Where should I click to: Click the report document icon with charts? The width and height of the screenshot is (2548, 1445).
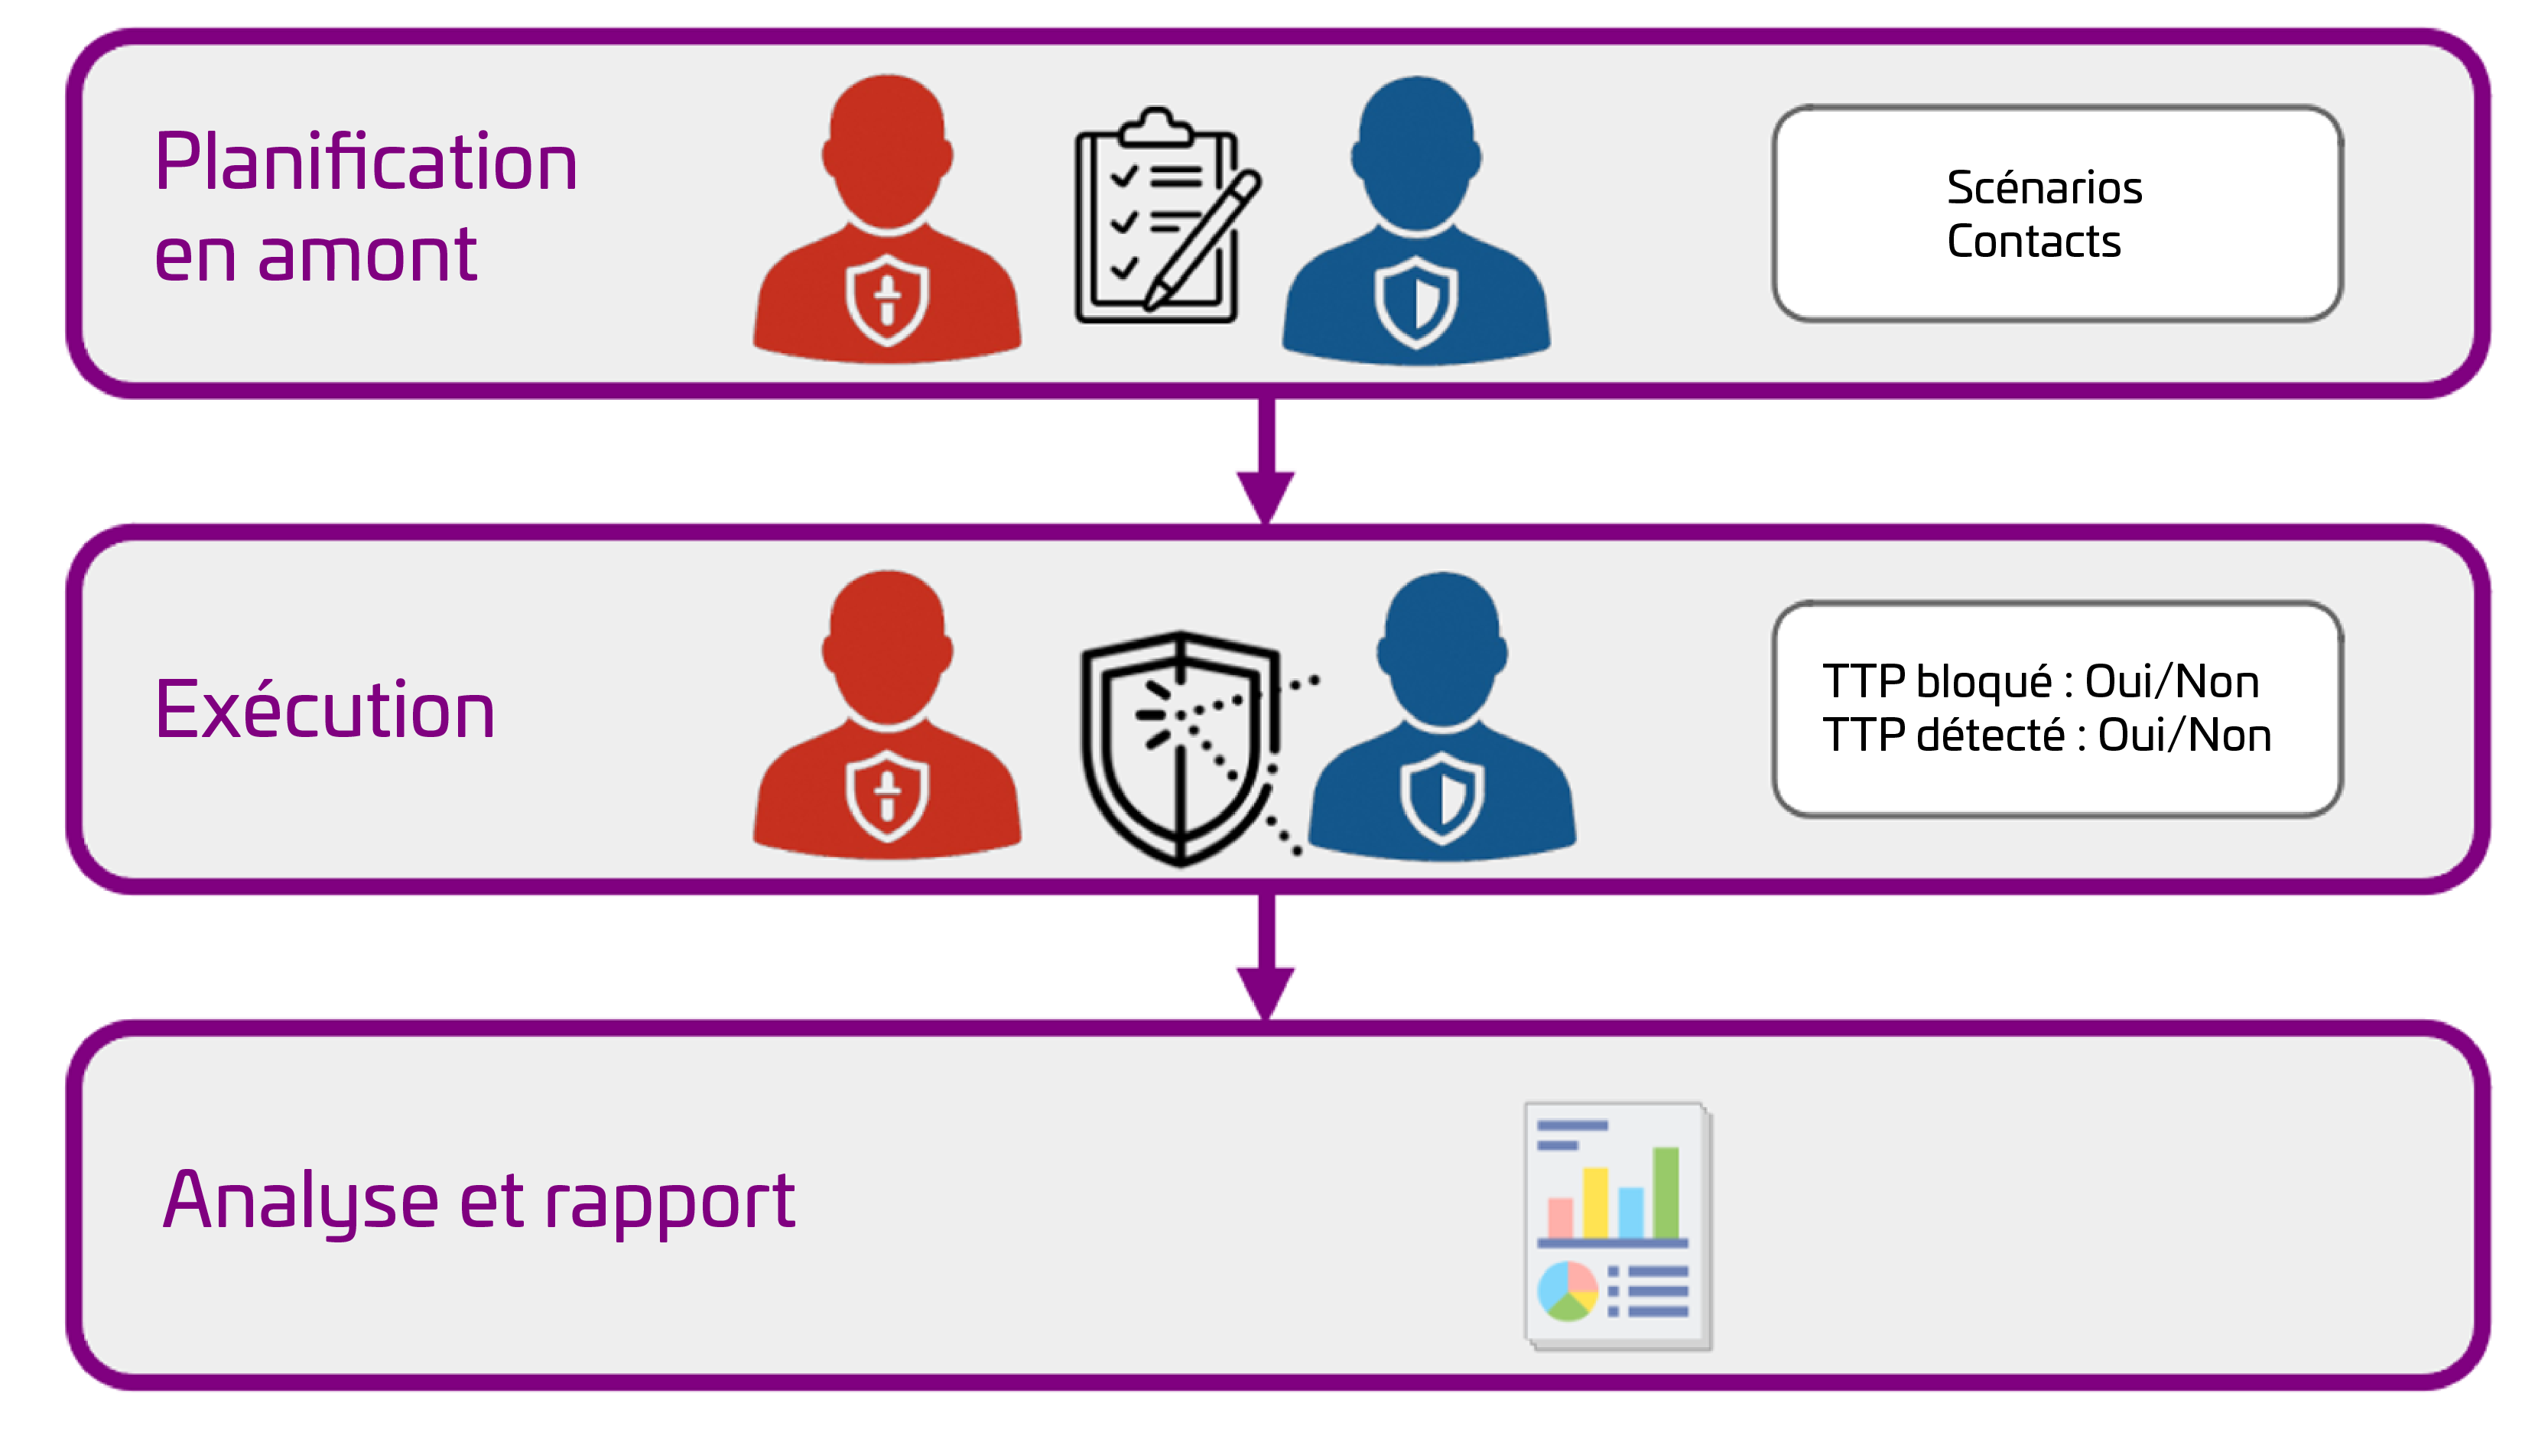[x=1617, y=1226]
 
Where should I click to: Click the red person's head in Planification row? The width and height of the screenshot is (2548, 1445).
[x=886, y=149]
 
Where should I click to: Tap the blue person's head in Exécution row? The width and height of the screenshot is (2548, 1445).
[x=1441, y=645]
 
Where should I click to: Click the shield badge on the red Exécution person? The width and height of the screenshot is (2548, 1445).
[x=886, y=794]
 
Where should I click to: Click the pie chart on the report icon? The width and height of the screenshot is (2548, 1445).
[x=1566, y=1291]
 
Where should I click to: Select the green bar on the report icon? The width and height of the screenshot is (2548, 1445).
[x=1665, y=1192]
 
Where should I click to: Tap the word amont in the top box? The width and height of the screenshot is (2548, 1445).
[x=367, y=255]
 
